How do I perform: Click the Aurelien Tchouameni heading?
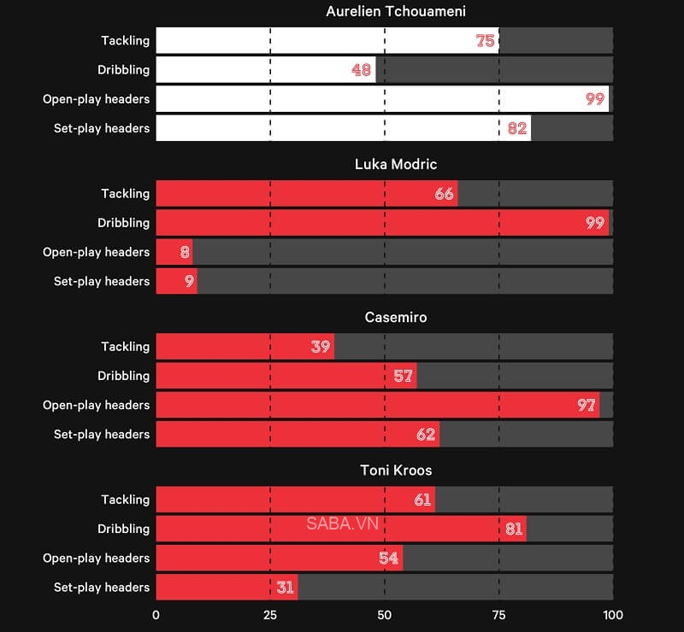384,11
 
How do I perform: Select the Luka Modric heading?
384,164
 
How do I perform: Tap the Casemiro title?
384,317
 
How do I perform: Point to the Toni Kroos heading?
384,471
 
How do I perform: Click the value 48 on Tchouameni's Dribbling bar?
361,70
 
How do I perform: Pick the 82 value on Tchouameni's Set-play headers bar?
517,128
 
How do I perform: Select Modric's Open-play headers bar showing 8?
174,252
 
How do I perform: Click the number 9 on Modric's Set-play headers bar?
189,281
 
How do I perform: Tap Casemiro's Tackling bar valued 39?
245,347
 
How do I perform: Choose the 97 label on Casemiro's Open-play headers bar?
586,405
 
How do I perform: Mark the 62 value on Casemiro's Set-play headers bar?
426,434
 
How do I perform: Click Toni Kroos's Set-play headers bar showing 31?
227,588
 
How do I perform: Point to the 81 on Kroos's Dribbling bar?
513,529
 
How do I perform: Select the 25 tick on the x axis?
269,615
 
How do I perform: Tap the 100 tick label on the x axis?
612,615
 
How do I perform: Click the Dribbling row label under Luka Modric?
124,223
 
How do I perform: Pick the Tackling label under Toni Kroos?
125,500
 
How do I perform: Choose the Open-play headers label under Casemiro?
96,405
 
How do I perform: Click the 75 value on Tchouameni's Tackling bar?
485,40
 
